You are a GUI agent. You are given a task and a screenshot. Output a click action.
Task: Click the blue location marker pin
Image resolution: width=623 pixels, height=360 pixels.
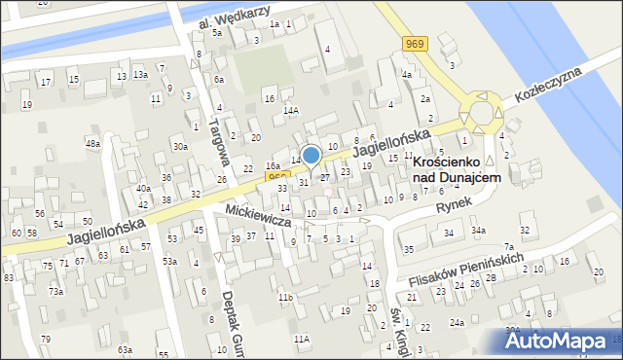[x=311, y=156]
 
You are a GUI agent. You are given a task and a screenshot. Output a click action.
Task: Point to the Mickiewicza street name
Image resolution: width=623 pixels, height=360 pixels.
[x=258, y=216]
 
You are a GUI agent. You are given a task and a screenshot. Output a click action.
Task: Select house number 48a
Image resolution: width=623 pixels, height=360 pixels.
[x=92, y=144]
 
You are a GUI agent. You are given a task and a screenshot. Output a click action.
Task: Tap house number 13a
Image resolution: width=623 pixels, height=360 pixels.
[x=140, y=75]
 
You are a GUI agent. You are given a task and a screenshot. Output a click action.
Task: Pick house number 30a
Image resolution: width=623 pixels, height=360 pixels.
[x=180, y=147]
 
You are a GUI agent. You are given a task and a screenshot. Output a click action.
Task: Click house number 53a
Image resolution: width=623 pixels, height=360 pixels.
[x=169, y=262]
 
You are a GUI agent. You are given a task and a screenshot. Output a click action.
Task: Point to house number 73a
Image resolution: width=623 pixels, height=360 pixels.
[x=56, y=292]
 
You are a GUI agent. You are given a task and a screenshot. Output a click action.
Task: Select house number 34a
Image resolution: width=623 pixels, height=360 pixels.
[x=478, y=231]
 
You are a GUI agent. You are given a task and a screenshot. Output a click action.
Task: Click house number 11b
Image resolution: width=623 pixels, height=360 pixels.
[x=285, y=297]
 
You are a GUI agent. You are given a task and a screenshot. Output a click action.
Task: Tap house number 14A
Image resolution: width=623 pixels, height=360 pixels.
[x=290, y=111]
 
